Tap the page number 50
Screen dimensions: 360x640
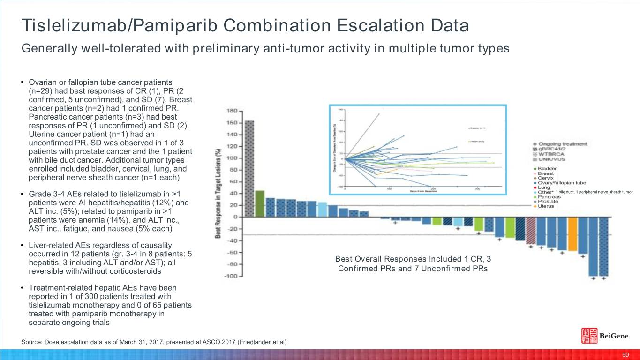625,354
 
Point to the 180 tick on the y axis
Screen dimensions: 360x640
232,111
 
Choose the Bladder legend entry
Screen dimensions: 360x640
547,168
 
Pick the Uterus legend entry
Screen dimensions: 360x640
546,206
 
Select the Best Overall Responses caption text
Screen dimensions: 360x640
413,264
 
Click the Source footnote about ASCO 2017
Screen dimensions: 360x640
154,342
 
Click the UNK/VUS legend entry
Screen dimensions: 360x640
551,159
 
